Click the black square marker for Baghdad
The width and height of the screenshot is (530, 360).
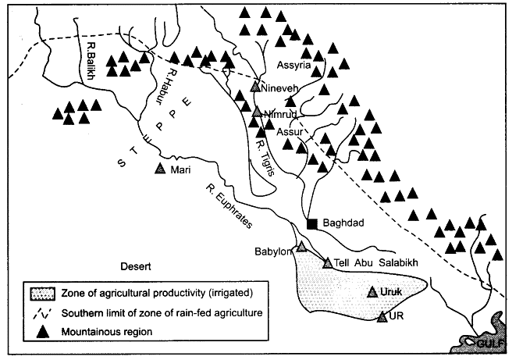(311, 224)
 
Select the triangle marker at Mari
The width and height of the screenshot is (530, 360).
(161, 169)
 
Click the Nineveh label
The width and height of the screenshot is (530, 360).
(279, 89)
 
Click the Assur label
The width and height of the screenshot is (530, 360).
(289, 130)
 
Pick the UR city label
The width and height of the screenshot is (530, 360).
(394, 319)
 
